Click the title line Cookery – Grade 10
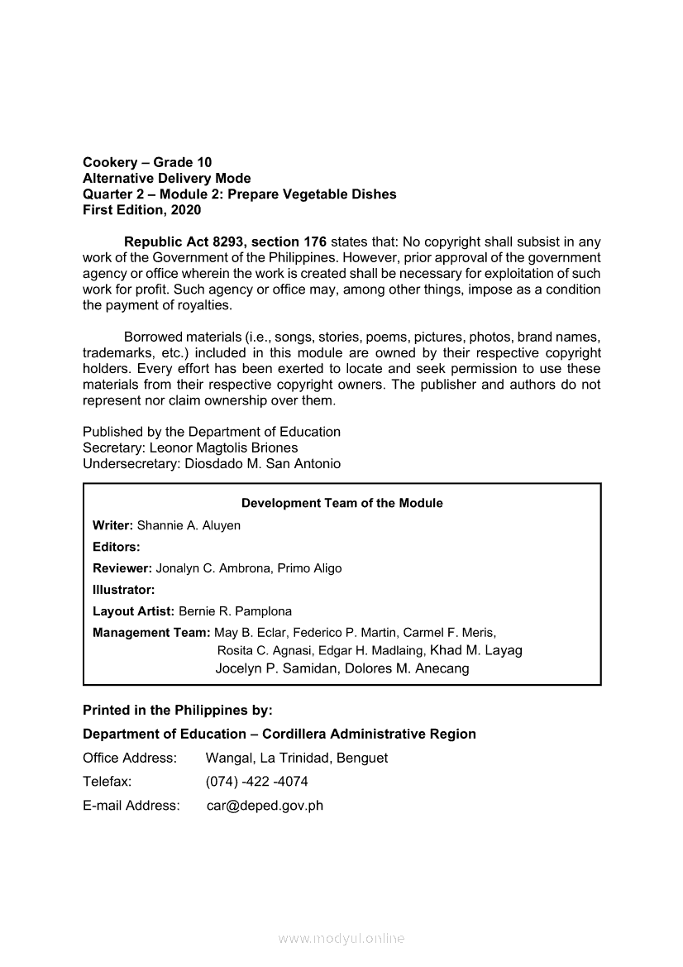pos(147,162)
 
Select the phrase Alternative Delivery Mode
pos(166,179)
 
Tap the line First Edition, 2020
pos(141,210)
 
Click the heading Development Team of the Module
pos(341,503)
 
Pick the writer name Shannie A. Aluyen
pos(189,525)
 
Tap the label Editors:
pos(116,547)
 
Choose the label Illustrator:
pos(123,590)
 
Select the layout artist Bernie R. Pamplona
pos(235,611)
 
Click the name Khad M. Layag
pos(476,650)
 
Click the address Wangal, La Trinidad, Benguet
pos(296,758)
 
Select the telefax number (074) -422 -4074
pos(256,781)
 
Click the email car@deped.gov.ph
pos(265,805)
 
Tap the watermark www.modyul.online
pos(341,938)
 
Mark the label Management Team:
pos(151,633)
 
